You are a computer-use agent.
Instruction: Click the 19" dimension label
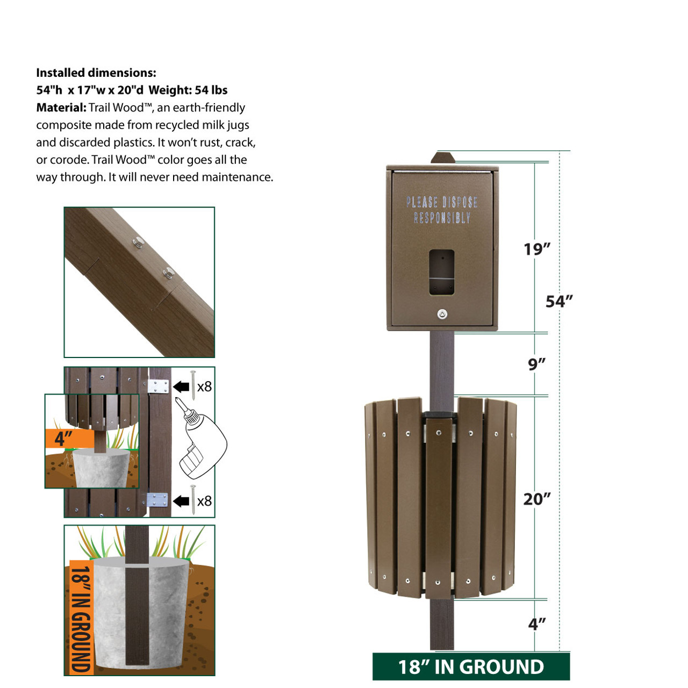pyautogui.click(x=537, y=249)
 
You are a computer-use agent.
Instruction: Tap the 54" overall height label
pyautogui.click(x=559, y=302)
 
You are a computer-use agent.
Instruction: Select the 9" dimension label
pyautogui.click(x=536, y=364)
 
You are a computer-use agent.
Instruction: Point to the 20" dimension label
pyautogui.click(x=537, y=499)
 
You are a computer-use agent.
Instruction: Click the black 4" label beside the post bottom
pyautogui.click(x=536, y=624)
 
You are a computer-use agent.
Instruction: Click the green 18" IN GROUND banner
pyautogui.click(x=471, y=667)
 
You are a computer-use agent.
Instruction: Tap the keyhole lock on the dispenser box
pyautogui.click(x=442, y=314)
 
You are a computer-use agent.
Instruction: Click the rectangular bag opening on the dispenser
pyautogui.click(x=442, y=272)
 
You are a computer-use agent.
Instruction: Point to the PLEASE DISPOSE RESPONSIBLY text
pyautogui.click(x=442, y=210)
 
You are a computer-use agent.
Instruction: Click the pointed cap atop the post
pyautogui.click(x=442, y=158)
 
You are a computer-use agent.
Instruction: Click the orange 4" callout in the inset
pyautogui.click(x=64, y=439)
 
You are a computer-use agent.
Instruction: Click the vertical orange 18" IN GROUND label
pyautogui.click(x=81, y=618)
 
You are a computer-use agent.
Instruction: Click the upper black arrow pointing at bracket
pyautogui.click(x=181, y=386)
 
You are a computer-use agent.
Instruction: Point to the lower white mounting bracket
pyautogui.click(x=157, y=500)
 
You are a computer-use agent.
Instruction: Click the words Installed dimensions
pyautogui.click(x=96, y=73)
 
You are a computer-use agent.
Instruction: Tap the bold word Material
pyautogui.click(x=61, y=107)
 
